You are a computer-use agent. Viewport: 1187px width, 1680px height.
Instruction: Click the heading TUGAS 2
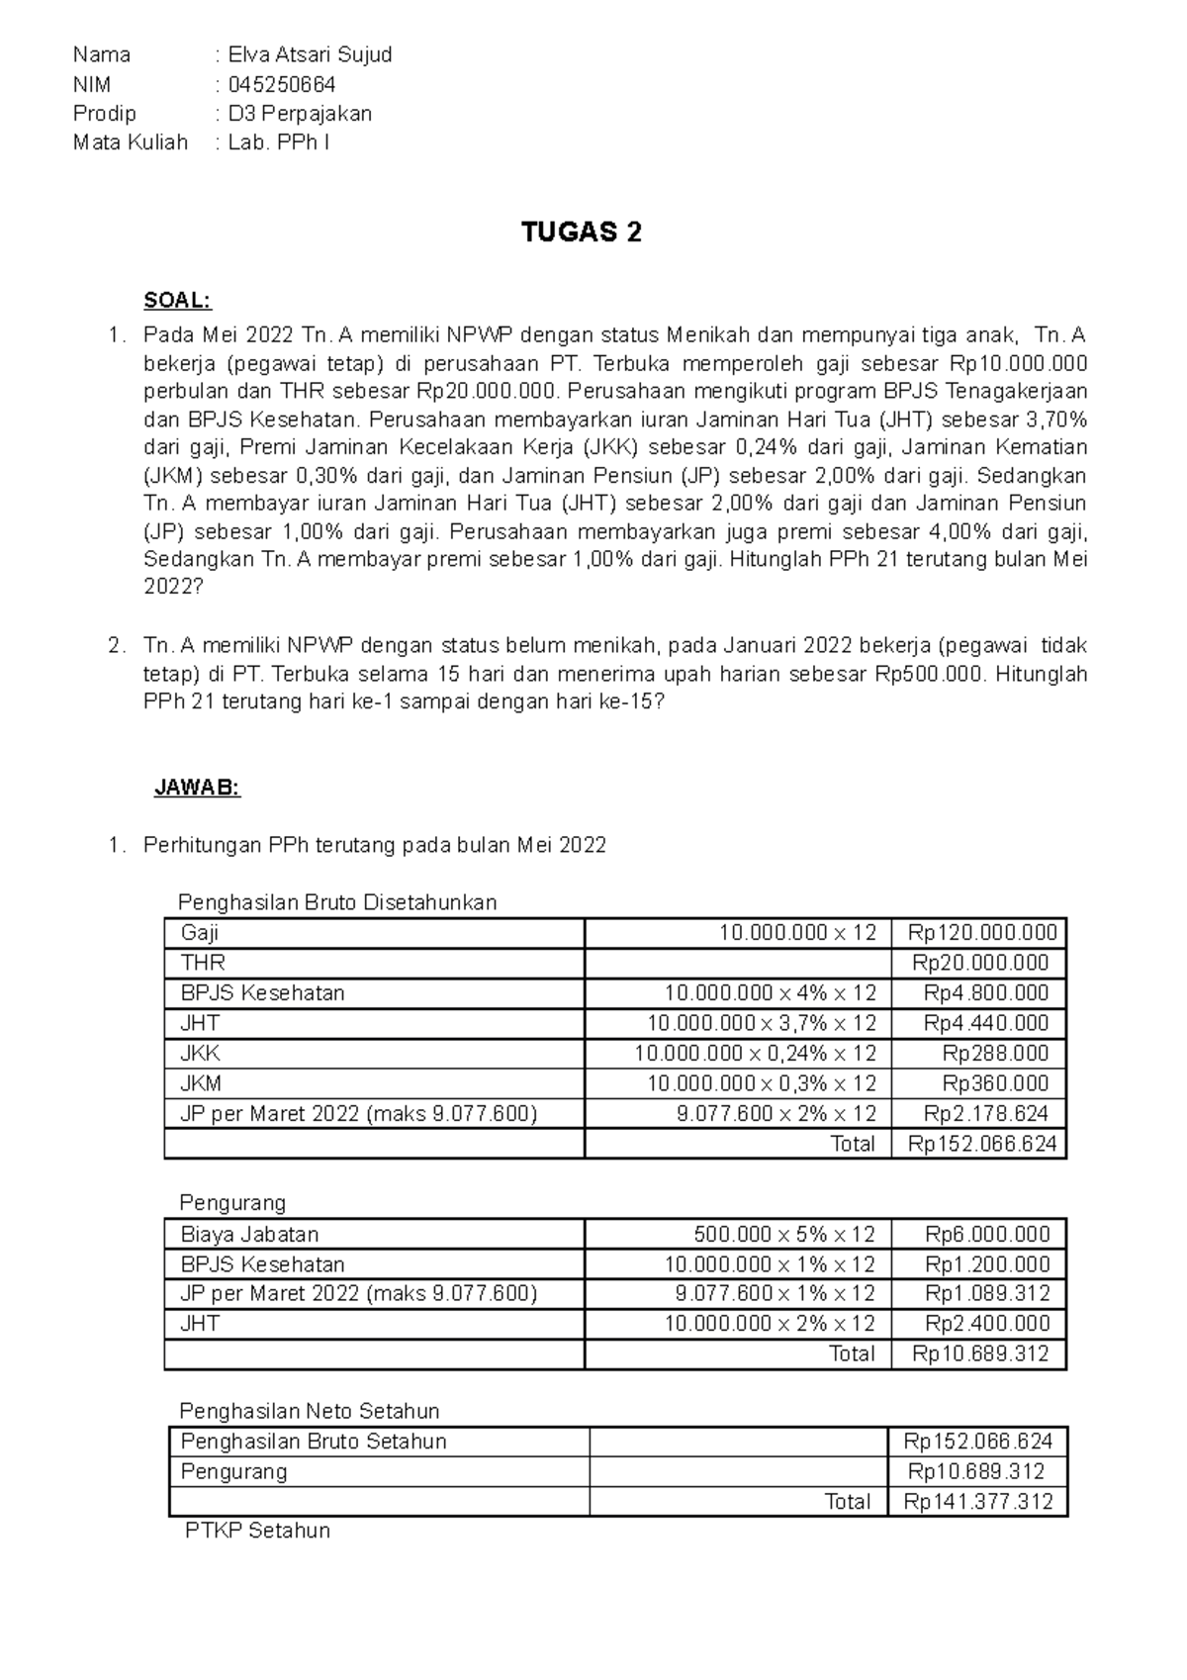click(x=582, y=233)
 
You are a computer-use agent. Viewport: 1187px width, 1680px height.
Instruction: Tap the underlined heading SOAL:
click(x=178, y=300)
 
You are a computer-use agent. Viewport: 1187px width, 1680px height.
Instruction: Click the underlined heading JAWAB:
click(x=197, y=788)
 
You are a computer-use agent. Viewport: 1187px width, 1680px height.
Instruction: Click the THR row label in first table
click(x=204, y=963)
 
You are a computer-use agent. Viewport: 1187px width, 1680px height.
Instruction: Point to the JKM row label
click(x=201, y=1083)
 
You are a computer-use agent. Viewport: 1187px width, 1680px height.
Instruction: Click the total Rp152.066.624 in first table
click(x=982, y=1144)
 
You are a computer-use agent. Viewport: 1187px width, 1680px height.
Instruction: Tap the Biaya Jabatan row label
click(x=249, y=1234)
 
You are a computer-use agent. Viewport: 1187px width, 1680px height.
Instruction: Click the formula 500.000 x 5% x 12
click(x=783, y=1234)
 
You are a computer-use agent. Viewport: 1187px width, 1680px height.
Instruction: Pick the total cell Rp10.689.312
click(x=980, y=1353)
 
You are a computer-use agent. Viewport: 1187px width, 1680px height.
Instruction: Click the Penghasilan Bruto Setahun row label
click(x=314, y=1441)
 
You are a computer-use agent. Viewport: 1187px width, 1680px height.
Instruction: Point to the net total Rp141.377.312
click(x=978, y=1501)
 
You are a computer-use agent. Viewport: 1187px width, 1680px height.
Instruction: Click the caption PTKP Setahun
click(x=257, y=1531)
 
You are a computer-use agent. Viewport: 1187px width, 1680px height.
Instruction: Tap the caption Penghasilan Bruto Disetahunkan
click(x=336, y=902)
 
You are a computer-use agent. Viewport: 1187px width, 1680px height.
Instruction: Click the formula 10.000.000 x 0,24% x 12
click(x=755, y=1053)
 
